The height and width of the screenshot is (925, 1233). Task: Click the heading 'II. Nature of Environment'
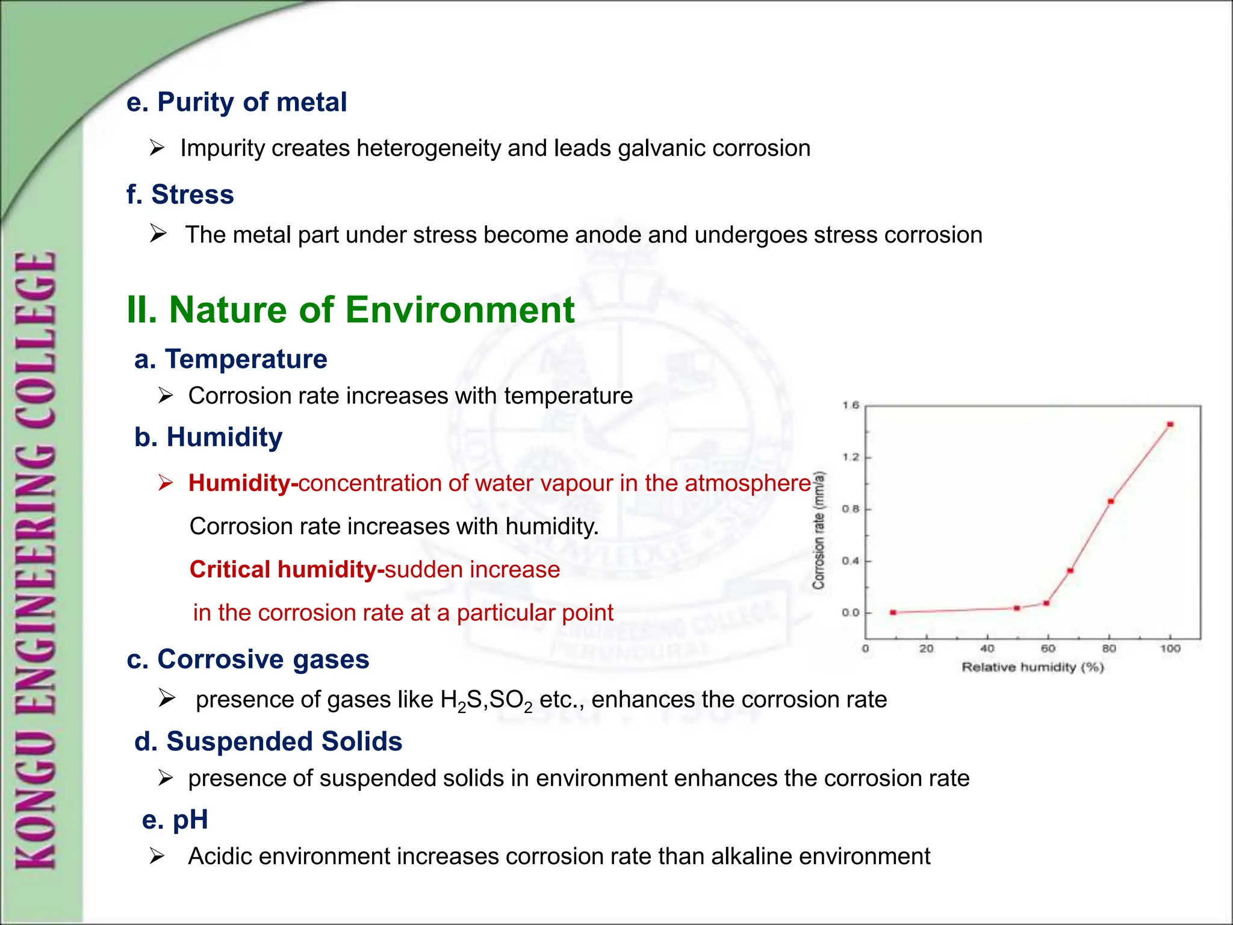(x=350, y=311)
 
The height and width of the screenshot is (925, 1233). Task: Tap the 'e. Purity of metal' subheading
(x=237, y=102)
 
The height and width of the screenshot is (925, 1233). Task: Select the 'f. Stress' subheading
(x=180, y=195)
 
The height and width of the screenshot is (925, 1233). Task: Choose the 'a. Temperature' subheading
(x=231, y=360)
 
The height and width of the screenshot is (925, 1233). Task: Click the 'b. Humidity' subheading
(x=208, y=438)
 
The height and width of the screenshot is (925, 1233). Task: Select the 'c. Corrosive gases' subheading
(x=248, y=659)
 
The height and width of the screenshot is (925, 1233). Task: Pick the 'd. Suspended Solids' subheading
(x=269, y=742)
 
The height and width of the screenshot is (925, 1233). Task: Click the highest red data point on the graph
(x=1170, y=425)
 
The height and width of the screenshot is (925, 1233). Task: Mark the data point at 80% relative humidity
(x=1111, y=502)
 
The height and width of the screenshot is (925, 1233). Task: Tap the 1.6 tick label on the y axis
(x=851, y=405)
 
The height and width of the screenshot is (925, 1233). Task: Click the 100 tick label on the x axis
(x=1170, y=649)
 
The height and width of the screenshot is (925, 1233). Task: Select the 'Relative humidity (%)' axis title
(x=1033, y=667)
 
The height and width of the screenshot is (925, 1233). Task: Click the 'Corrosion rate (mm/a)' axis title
(x=819, y=530)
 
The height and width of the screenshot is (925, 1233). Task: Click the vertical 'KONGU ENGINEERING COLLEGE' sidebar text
(x=36, y=560)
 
